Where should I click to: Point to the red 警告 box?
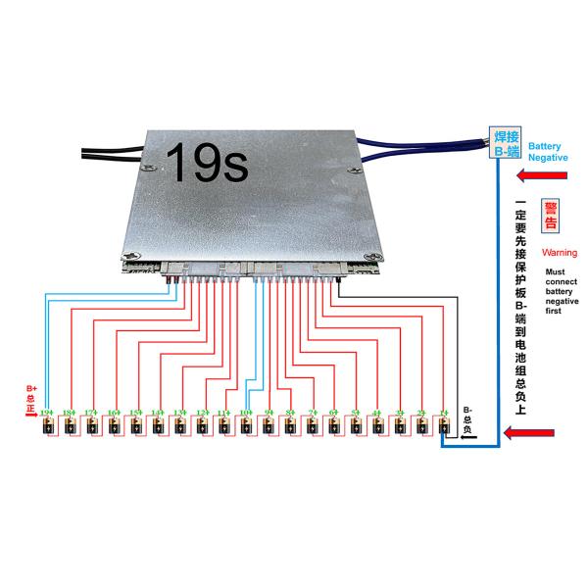[551, 217]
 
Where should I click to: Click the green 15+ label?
[135, 413]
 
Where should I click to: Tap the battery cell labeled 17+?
[91, 427]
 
